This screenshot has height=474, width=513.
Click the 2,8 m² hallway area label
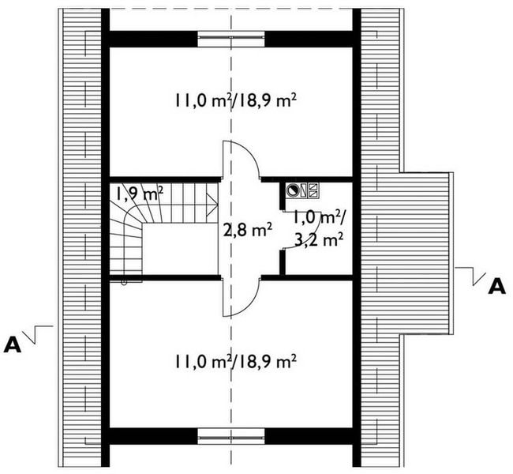pyautogui.click(x=248, y=230)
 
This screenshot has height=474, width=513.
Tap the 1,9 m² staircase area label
pyautogui.click(x=140, y=194)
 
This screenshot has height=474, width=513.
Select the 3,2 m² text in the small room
pyautogui.click(x=319, y=241)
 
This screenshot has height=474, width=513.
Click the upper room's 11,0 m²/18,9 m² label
pyautogui.click(x=236, y=100)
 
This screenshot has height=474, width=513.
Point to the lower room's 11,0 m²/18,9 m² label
pyautogui.click(x=236, y=363)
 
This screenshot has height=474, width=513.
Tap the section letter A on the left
pyautogui.click(x=13, y=345)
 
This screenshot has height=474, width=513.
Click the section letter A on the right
pyautogui.click(x=496, y=286)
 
